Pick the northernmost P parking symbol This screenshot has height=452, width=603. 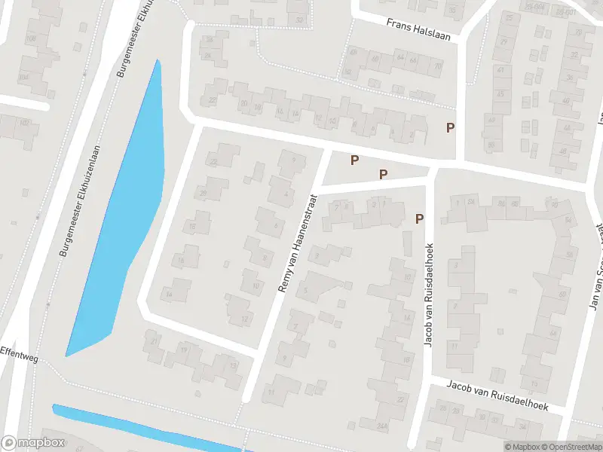451,127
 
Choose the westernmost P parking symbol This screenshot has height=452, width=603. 354,160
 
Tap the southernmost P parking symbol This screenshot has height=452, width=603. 419,219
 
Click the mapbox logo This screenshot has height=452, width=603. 33,443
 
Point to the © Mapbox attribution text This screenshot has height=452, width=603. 522,447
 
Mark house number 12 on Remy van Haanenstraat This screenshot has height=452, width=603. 243,319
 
